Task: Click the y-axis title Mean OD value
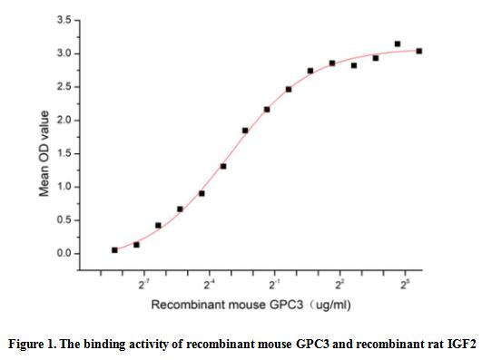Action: pyautogui.click(x=43, y=153)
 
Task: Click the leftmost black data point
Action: pyautogui.click(x=114, y=249)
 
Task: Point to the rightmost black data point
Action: pyautogui.click(x=419, y=51)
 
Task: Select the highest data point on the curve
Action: pyautogui.click(x=398, y=44)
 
